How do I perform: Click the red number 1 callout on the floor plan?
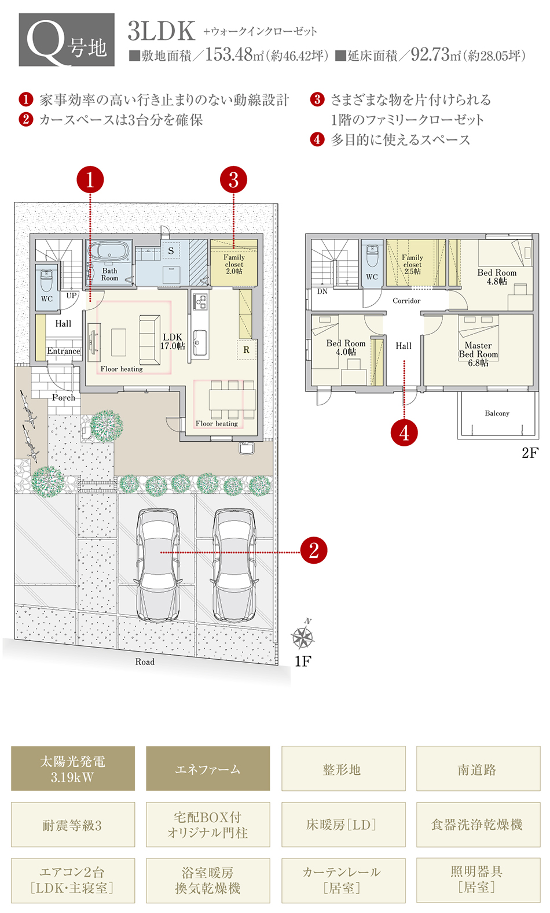point(90,180)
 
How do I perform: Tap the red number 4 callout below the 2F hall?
point(404,433)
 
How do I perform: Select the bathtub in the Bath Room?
point(109,251)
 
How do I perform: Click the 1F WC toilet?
point(46,280)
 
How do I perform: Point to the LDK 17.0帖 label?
point(173,342)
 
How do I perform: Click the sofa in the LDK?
point(149,340)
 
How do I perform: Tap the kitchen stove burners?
point(200,302)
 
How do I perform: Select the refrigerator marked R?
point(246,350)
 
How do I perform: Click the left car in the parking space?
point(158,565)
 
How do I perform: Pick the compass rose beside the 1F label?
point(303,636)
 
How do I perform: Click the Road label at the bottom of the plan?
point(145,661)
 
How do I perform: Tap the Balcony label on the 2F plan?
point(497,413)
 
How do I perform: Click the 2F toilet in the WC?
point(372,256)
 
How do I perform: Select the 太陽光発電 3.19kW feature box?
point(73,768)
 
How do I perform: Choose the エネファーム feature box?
point(208,768)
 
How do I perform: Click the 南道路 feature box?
point(478,768)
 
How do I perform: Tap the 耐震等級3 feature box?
point(73,825)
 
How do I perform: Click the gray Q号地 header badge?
point(67,39)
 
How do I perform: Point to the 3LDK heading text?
point(162,31)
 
